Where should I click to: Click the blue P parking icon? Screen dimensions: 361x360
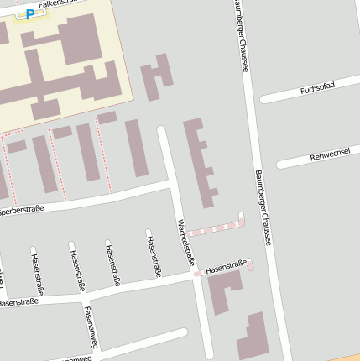coord(31,14)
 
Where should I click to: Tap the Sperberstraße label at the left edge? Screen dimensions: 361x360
coord(20,209)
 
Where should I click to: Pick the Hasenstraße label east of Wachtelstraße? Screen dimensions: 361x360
coord(226,267)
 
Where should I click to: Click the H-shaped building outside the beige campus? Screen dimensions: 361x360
coord(156,76)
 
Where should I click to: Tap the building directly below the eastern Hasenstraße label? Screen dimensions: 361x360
coord(223,291)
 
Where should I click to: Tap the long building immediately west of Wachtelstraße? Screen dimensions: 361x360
coord(136,148)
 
